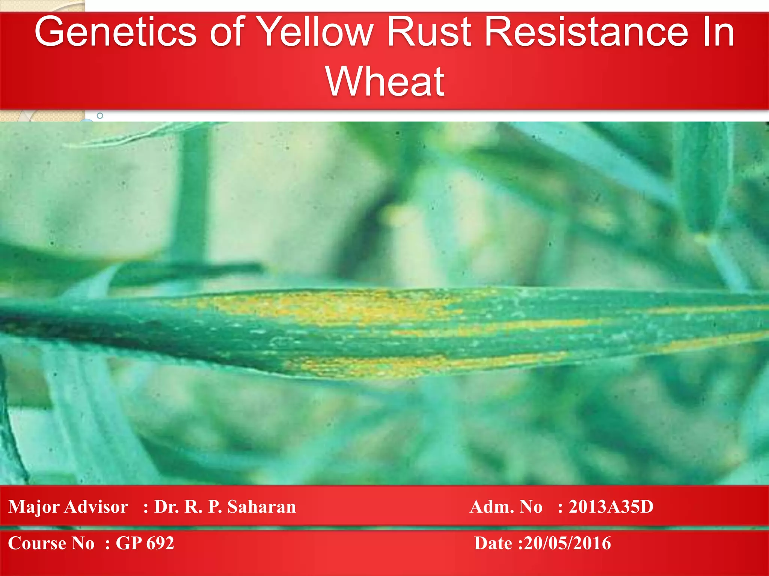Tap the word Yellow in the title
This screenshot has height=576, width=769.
click(316, 33)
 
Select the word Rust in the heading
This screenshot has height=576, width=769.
click(428, 33)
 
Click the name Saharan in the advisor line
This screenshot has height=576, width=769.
click(262, 507)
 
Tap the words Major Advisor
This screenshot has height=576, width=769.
click(68, 507)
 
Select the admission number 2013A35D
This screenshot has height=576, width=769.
click(611, 507)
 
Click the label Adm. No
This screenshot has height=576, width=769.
click(506, 507)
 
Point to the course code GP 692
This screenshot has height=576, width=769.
click(145, 543)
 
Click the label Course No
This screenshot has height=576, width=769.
click(51, 543)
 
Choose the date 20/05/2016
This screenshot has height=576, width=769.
click(567, 543)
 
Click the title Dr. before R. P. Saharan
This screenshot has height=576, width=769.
click(166, 507)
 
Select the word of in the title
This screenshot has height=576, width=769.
click(227, 33)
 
